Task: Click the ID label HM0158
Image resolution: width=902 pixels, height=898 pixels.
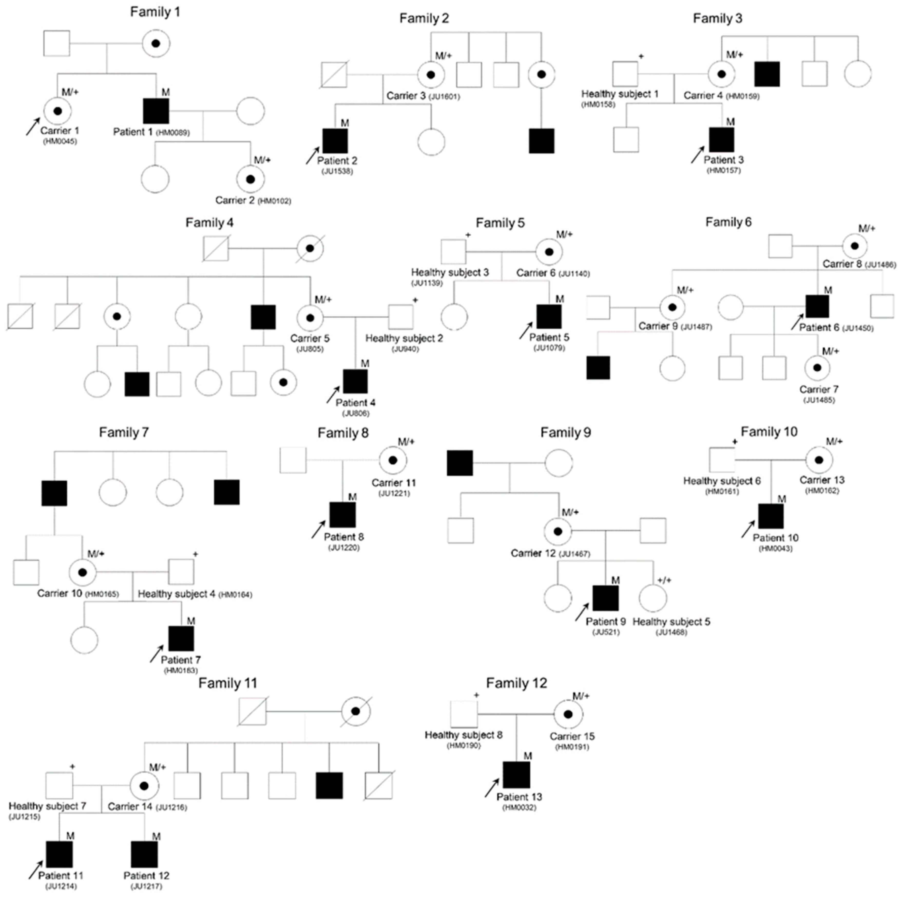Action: tap(598, 104)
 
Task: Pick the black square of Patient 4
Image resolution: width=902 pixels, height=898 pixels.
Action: tap(355, 381)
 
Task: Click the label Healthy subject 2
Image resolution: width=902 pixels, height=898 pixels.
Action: tap(404, 338)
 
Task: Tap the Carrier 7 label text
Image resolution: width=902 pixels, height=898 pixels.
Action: tap(819, 389)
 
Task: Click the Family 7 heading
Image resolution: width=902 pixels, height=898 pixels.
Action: tap(124, 433)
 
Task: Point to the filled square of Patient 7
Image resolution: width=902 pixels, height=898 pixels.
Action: tap(181, 639)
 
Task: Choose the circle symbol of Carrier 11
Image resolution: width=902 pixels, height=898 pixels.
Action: tap(393, 460)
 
